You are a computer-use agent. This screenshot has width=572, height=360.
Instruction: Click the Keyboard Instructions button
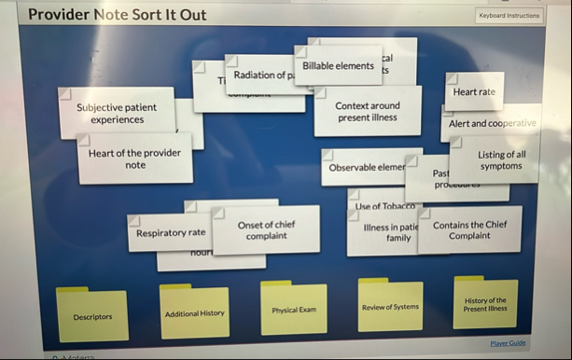pyautogui.click(x=509, y=16)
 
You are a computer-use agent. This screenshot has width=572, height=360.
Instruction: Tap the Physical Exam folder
pyautogui.click(x=294, y=310)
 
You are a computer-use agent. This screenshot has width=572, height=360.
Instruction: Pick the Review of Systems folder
pyautogui.click(x=390, y=307)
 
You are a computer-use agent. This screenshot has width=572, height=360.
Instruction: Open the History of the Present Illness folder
pyautogui.click(x=485, y=304)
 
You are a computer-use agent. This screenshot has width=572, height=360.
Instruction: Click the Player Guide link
pyautogui.click(x=508, y=343)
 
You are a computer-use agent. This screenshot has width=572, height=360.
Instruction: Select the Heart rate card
pyautogui.click(x=474, y=92)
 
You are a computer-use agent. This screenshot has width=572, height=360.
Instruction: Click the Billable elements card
pyautogui.click(x=338, y=66)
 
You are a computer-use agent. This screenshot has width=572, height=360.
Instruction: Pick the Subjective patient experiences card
pyautogui.click(x=117, y=114)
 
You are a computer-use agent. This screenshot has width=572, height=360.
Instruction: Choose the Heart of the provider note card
pyautogui.click(x=135, y=159)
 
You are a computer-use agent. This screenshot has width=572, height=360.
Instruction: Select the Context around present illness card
pyautogui.click(x=368, y=112)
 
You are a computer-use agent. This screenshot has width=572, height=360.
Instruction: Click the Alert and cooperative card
pyautogui.click(x=492, y=123)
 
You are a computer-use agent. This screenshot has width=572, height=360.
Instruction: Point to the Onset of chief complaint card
pyautogui.click(x=266, y=230)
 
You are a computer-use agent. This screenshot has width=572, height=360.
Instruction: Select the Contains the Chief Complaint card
pyautogui.click(x=469, y=230)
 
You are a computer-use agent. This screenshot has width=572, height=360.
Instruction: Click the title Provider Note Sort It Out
pyautogui.click(x=118, y=15)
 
